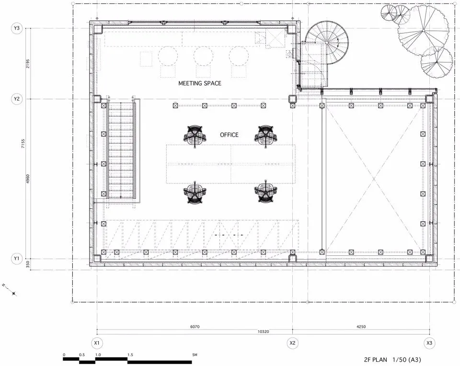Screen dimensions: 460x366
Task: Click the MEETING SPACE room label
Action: [200, 83]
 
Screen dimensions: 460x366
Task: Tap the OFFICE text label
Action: [229, 135]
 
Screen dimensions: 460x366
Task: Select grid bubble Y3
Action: [17, 28]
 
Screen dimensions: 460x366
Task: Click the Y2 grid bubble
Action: [17, 99]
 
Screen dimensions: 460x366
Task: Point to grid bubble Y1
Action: [17, 259]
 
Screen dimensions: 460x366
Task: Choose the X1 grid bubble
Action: [97, 343]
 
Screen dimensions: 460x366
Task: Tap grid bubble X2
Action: [292, 343]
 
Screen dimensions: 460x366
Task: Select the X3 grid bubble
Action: [429, 343]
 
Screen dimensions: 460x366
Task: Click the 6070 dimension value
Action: [195, 326]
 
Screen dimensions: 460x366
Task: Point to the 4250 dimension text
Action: [361, 326]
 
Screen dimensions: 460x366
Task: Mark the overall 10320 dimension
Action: [263, 332]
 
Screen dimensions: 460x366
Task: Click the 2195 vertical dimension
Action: [28, 64]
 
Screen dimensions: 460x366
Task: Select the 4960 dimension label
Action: [28, 179]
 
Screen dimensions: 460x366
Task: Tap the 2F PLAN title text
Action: [376, 360]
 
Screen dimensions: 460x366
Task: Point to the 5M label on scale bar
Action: [195, 355]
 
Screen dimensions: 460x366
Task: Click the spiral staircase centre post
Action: [327, 42]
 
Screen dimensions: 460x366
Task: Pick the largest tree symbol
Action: [423, 30]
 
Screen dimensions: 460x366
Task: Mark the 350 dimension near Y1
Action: [28, 264]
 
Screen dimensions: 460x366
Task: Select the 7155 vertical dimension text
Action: [23, 144]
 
